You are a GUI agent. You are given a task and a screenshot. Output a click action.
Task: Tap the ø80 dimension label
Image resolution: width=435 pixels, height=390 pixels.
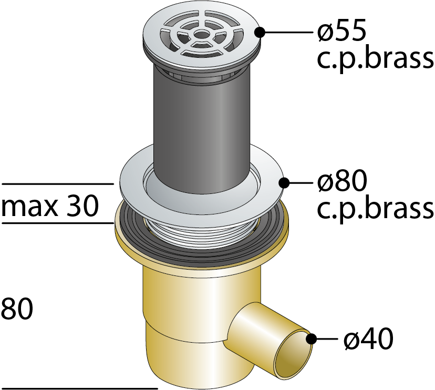(x=343, y=181)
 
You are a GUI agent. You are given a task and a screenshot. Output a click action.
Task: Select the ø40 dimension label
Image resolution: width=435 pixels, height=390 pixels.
(x=368, y=338)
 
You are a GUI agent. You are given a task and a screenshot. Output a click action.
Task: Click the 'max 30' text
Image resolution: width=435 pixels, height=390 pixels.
(x=50, y=206)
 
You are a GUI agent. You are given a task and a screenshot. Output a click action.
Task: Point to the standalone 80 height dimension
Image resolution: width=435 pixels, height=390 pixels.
(x=17, y=309)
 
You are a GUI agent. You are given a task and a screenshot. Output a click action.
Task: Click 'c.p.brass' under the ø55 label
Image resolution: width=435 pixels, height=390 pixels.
(x=375, y=60)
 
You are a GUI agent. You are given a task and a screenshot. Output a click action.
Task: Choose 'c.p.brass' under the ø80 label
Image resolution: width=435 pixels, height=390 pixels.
(x=375, y=210)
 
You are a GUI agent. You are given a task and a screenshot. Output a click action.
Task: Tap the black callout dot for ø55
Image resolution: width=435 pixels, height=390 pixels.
(x=260, y=32)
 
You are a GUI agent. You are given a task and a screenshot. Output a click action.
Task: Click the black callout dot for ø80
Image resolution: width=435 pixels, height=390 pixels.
(x=284, y=183)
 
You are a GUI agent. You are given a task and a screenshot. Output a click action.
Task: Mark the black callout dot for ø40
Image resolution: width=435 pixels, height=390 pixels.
(x=311, y=338)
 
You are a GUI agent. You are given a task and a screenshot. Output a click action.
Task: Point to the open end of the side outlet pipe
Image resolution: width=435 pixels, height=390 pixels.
(x=293, y=354)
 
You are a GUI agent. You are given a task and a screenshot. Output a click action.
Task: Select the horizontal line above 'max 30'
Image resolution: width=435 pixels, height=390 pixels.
(x=58, y=184)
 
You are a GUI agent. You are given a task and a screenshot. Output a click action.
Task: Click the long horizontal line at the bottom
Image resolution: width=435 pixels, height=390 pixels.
(x=79, y=388)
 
